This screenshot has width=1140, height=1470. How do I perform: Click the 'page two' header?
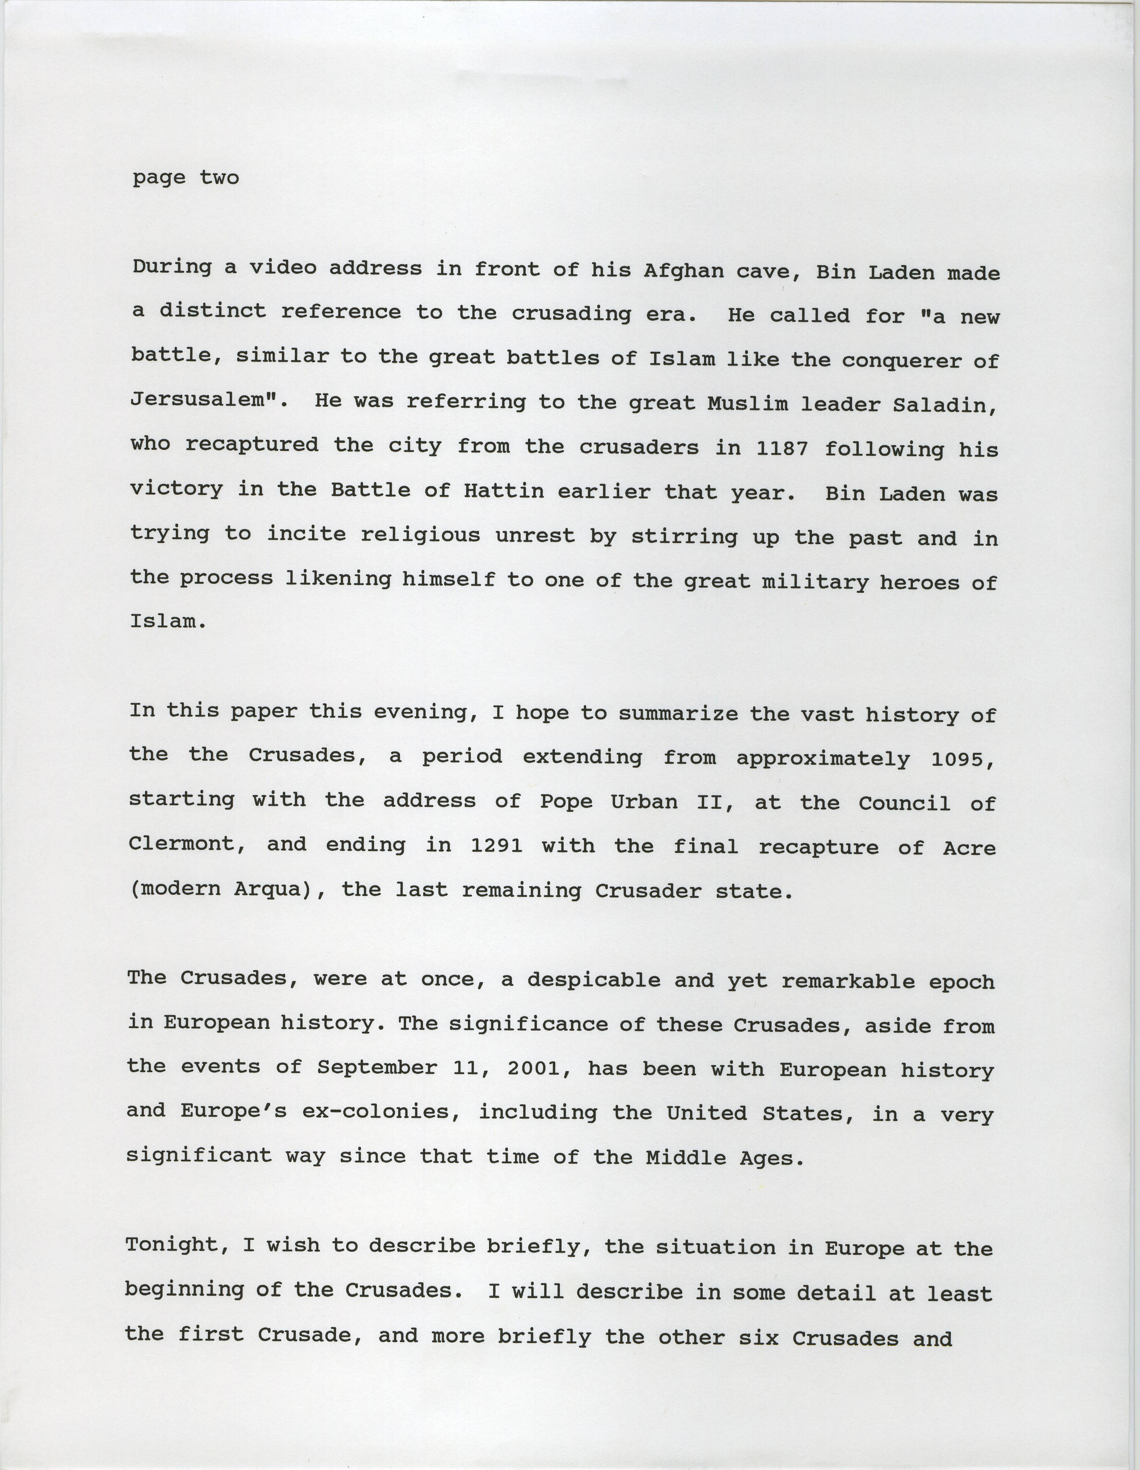[x=186, y=178]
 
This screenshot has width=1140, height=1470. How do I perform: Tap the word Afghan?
[x=683, y=271]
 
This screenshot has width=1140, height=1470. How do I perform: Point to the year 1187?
[x=782, y=448]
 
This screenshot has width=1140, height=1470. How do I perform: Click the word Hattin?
[x=504, y=491]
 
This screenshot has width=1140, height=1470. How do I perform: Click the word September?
[x=377, y=1068]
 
